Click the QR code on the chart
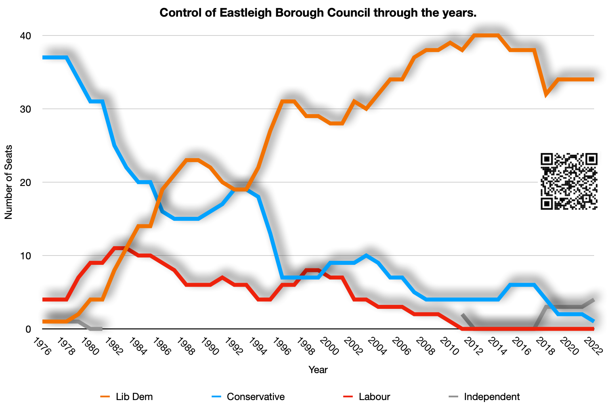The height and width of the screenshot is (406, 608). pyautogui.click(x=569, y=181)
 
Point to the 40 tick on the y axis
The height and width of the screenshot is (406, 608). pyautogui.click(x=25, y=36)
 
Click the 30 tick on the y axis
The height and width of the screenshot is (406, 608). pyautogui.click(x=25, y=109)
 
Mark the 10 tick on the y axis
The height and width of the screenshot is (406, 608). pyautogui.click(x=25, y=256)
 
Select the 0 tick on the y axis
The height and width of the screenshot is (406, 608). pyautogui.click(x=28, y=329)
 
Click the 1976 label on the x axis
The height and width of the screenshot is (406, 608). pyautogui.click(x=42, y=347)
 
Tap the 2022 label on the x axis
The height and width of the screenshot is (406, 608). pyautogui.click(x=593, y=347)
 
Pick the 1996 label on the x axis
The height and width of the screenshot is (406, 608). pyautogui.click(x=281, y=347)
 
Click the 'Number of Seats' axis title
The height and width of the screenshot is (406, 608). pyautogui.click(x=9, y=182)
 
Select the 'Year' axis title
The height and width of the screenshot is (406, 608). pyautogui.click(x=318, y=370)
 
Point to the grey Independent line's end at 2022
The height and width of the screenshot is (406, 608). pyautogui.click(x=593, y=300)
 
